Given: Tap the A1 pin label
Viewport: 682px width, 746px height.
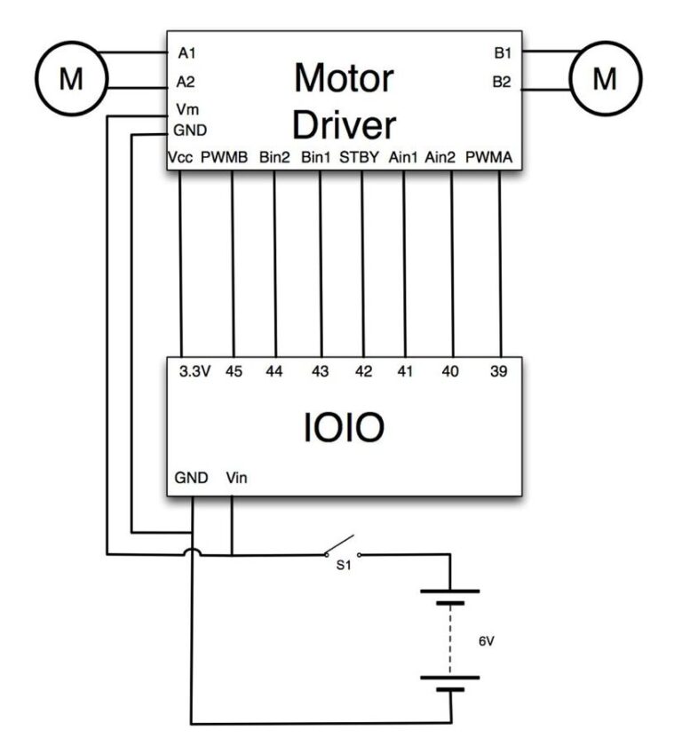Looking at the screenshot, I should click(x=186, y=53).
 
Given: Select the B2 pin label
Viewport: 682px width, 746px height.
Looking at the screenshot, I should click(x=502, y=83).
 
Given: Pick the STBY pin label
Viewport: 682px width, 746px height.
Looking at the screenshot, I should click(x=360, y=158).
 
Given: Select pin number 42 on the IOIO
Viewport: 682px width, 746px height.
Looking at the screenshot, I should click(x=363, y=372).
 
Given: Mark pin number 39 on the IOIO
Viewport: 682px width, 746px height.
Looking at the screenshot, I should click(x=498, y=372).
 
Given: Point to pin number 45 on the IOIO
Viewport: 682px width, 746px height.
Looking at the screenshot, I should click(x=234, y=372).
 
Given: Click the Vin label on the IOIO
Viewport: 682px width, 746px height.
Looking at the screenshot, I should click(x=237, y=478).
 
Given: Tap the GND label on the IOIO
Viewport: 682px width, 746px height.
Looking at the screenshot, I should click(x=190, y=478).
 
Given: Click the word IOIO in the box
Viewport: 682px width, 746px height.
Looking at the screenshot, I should click(x=345, y=428).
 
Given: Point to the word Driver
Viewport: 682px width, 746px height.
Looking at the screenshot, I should click(x=344, y=125).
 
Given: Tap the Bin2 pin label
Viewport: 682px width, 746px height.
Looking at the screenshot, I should click(x=274, y=158).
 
